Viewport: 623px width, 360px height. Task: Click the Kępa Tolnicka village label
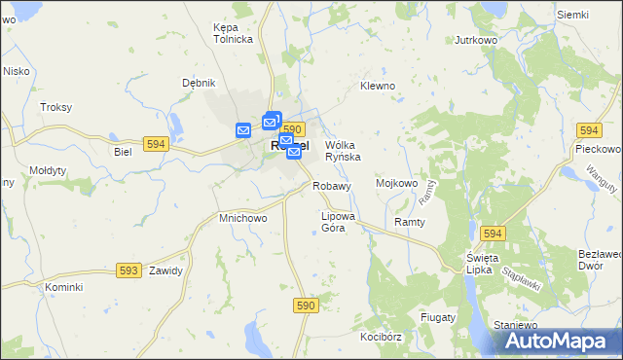click(233, 33)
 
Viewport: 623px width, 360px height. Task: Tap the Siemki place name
click(573, 15)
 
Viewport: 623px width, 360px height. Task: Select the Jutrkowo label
click(477, 41)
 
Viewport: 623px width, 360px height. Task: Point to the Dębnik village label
click(199, 83)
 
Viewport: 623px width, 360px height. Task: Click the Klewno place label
click(378, 86)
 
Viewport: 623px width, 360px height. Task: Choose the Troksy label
click(56, 107)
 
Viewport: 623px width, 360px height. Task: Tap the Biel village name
click(123, 153)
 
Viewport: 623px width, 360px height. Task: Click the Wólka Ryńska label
click(343, 150)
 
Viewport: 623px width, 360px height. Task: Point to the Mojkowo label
click(396, 183)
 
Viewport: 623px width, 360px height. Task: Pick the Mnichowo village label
click(242, 219)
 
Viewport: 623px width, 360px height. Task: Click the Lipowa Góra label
click(340, 222)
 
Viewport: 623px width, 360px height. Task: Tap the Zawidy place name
click(165, 270)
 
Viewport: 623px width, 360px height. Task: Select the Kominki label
click(63, 288)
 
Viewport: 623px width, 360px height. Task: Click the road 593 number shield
click(128, 270)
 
